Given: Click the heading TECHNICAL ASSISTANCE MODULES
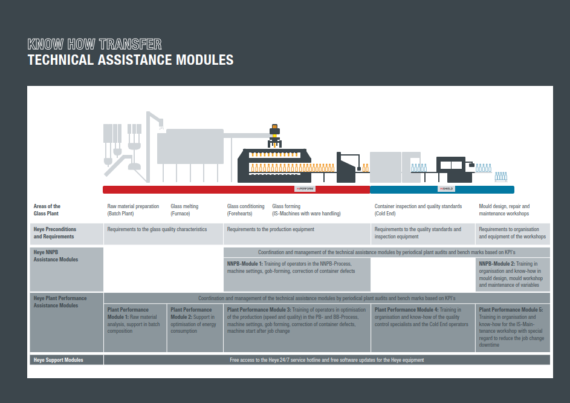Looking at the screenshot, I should click(x=131, y=60).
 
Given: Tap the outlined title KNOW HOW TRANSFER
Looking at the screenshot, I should click(x=94, y=44).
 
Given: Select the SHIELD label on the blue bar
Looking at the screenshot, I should click(x=446, y=189).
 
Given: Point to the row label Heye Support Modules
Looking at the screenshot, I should click(x=59, y=360).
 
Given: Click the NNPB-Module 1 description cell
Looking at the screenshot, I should click(x=296, y=267).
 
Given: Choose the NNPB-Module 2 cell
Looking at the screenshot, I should click(x=513, y=274).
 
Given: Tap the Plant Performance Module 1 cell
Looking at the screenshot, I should click(x=135, y=320).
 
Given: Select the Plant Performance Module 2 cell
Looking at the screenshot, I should click(x=194, y=320).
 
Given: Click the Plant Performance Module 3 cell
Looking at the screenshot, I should click(x=296, y=320).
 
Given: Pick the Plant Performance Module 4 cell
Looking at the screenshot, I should click(x=422, y=317).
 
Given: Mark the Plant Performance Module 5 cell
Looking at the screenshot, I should click(x=513, y=327).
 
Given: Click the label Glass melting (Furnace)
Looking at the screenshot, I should click(x=184, y=210).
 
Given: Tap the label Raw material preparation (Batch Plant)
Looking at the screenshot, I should click(x=133, y=210).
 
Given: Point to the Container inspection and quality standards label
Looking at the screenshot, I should click(x=418, y=210).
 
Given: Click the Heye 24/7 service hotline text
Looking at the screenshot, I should click(x=326, y=360).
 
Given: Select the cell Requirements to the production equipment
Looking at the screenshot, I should click(x=271, y=229).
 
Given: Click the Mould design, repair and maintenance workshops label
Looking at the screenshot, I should click(x=504, y=210).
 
